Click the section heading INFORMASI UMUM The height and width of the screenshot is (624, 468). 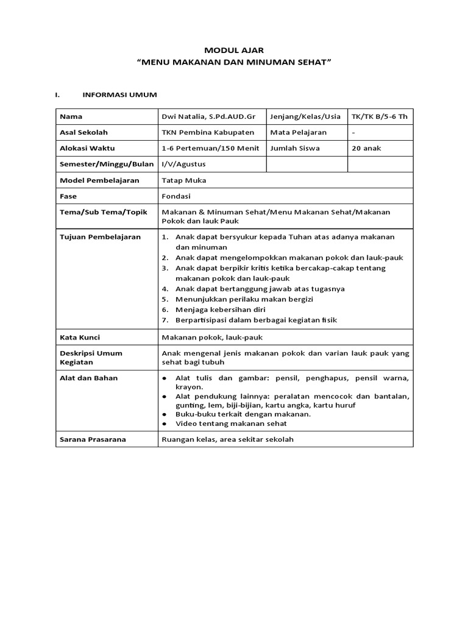119,95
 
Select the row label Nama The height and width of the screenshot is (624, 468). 71,116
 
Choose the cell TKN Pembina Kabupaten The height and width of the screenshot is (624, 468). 207,132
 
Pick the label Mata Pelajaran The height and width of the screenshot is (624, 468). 299,132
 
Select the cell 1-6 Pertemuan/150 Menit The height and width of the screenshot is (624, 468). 210,148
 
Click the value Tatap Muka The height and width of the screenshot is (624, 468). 184,180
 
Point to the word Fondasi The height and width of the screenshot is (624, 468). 176,196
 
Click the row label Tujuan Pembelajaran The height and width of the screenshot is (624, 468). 99,236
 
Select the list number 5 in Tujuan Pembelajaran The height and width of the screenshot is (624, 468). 165,299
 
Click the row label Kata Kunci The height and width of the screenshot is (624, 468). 80,337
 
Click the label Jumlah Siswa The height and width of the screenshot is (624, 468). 296,148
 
